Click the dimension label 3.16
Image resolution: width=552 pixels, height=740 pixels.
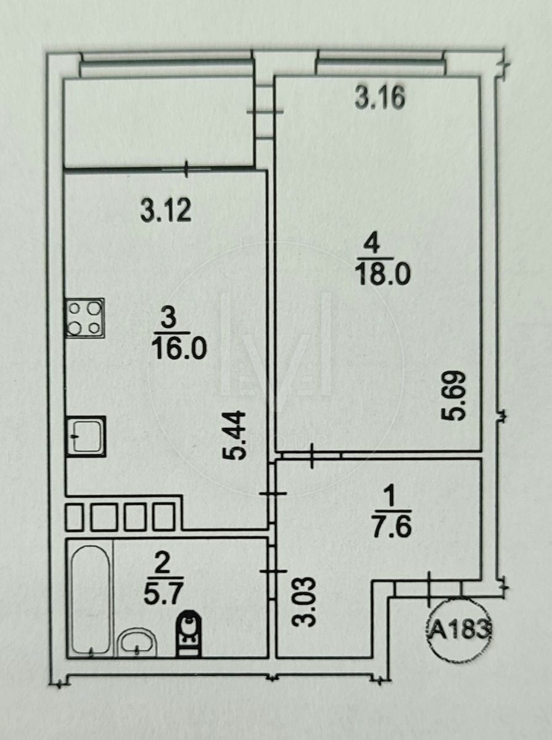coord(380,99)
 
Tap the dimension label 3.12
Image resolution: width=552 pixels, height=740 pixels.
coord(166,211)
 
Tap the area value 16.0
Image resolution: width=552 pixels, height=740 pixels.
coord(178,349)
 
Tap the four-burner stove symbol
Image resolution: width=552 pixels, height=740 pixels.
coord(84,317)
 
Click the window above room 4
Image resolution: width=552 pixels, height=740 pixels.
coord(380,62)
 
